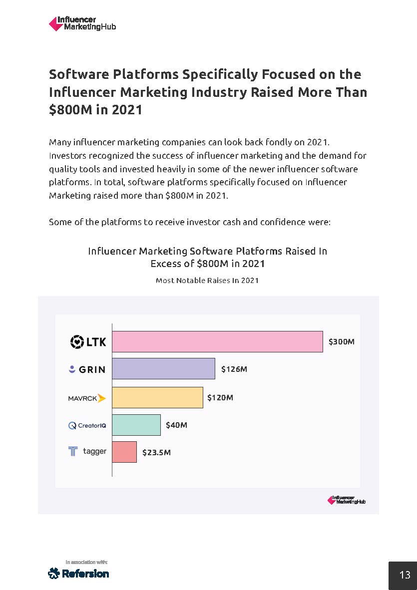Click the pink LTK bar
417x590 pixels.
(217, 341)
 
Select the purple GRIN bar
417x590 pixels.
(163, 368)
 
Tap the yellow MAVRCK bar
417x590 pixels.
(157, 397)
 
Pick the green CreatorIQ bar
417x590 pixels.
(136, 425)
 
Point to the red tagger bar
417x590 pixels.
(124, 452)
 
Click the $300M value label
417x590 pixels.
(341, 342)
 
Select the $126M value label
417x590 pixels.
(234, 369)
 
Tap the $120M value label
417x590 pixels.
(220, 398)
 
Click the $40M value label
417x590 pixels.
(176, 425)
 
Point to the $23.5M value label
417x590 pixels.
(156, 453)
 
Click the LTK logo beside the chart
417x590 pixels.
(88, 342)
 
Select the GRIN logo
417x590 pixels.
(87, 369)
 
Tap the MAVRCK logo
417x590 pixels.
(87, 398)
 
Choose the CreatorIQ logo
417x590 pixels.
(87, 425)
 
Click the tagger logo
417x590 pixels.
(87, 452)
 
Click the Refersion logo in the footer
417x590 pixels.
(78, 573)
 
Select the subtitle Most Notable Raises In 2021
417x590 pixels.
(207, 281)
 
